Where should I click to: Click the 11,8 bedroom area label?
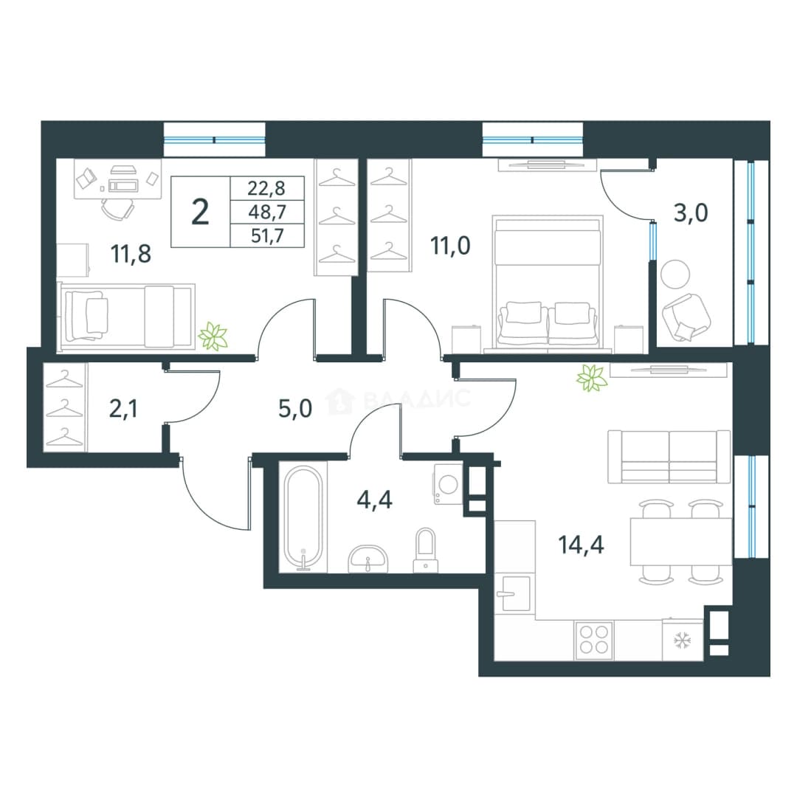pyautogui.click(x=131, y=254)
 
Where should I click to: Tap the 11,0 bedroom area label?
pyautogui.click(x=450, y=246)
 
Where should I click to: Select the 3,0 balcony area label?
pyautogui.click(x=691, y=213)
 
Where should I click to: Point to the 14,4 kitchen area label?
pyautogui.click(x=581, y=545)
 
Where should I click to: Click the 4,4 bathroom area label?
pyautogui.click(x=375, y=500)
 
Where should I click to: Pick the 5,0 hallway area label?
pyautogui.click(x=295, y=409)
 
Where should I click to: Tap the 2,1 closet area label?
pyautogui.click(x=123, y=409)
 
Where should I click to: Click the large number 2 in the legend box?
pyautogui.click(x=200, y=212)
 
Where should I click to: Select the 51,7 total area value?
pyautogui.click(x=267, y=236)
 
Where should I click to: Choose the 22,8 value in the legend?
pyautogui.click(x=267, y=189)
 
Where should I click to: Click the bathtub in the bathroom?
pyautogui.click(x=303, y=518)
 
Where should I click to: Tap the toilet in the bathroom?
pyautogui.click(x=426, y=550)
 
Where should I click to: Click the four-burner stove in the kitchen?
pyautogui.click(x=593, y=639)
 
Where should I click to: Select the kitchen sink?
pyautogui.click(x=515, y=593)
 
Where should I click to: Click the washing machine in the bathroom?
pyautogui.click(x=448, y=484)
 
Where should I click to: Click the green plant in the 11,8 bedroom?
pyautogui.click(x=213, y=336)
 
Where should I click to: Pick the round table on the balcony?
pyautogui.click(x=675, y=274)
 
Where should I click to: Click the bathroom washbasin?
pyautogui.click(x=368, y=559)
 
